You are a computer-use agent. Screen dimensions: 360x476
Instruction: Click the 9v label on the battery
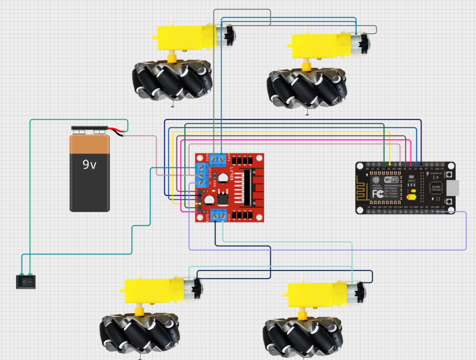point(89,165)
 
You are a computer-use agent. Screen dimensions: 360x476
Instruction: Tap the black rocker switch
point(26,282)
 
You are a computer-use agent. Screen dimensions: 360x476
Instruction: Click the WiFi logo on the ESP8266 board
point(391,179)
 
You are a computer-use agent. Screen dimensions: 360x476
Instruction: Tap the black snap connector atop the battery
point(89,128)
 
